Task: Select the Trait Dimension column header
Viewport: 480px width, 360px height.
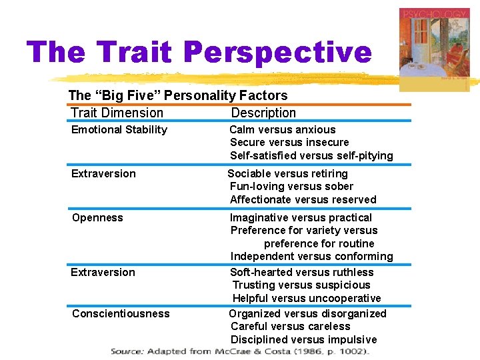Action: (117, 113)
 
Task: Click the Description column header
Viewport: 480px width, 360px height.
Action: (263, 113)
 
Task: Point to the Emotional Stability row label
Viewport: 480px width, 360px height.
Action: (119, 130)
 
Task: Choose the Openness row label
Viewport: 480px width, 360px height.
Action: (97, 218)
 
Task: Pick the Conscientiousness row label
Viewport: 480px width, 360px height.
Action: (121, 314)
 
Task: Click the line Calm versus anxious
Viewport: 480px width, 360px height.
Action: (283, 130)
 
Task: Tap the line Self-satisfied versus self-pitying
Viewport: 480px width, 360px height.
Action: (311, 156)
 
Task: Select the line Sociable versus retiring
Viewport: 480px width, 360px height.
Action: (287, 174)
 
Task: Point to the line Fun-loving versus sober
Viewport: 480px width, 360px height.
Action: (291, 187)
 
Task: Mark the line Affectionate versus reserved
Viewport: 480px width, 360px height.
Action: (303, 200)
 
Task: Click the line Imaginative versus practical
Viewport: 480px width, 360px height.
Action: (301, 218)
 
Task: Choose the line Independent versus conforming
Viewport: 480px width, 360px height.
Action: (311, 257)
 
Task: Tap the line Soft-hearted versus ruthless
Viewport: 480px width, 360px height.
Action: (301, 273)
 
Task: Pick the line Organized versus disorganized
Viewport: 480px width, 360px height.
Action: (307, 314)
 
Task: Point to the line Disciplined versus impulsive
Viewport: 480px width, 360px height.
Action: (303, 340)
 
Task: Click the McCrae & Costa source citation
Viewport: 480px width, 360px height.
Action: (239, 351)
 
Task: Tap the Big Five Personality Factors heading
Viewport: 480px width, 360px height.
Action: (178, 96)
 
